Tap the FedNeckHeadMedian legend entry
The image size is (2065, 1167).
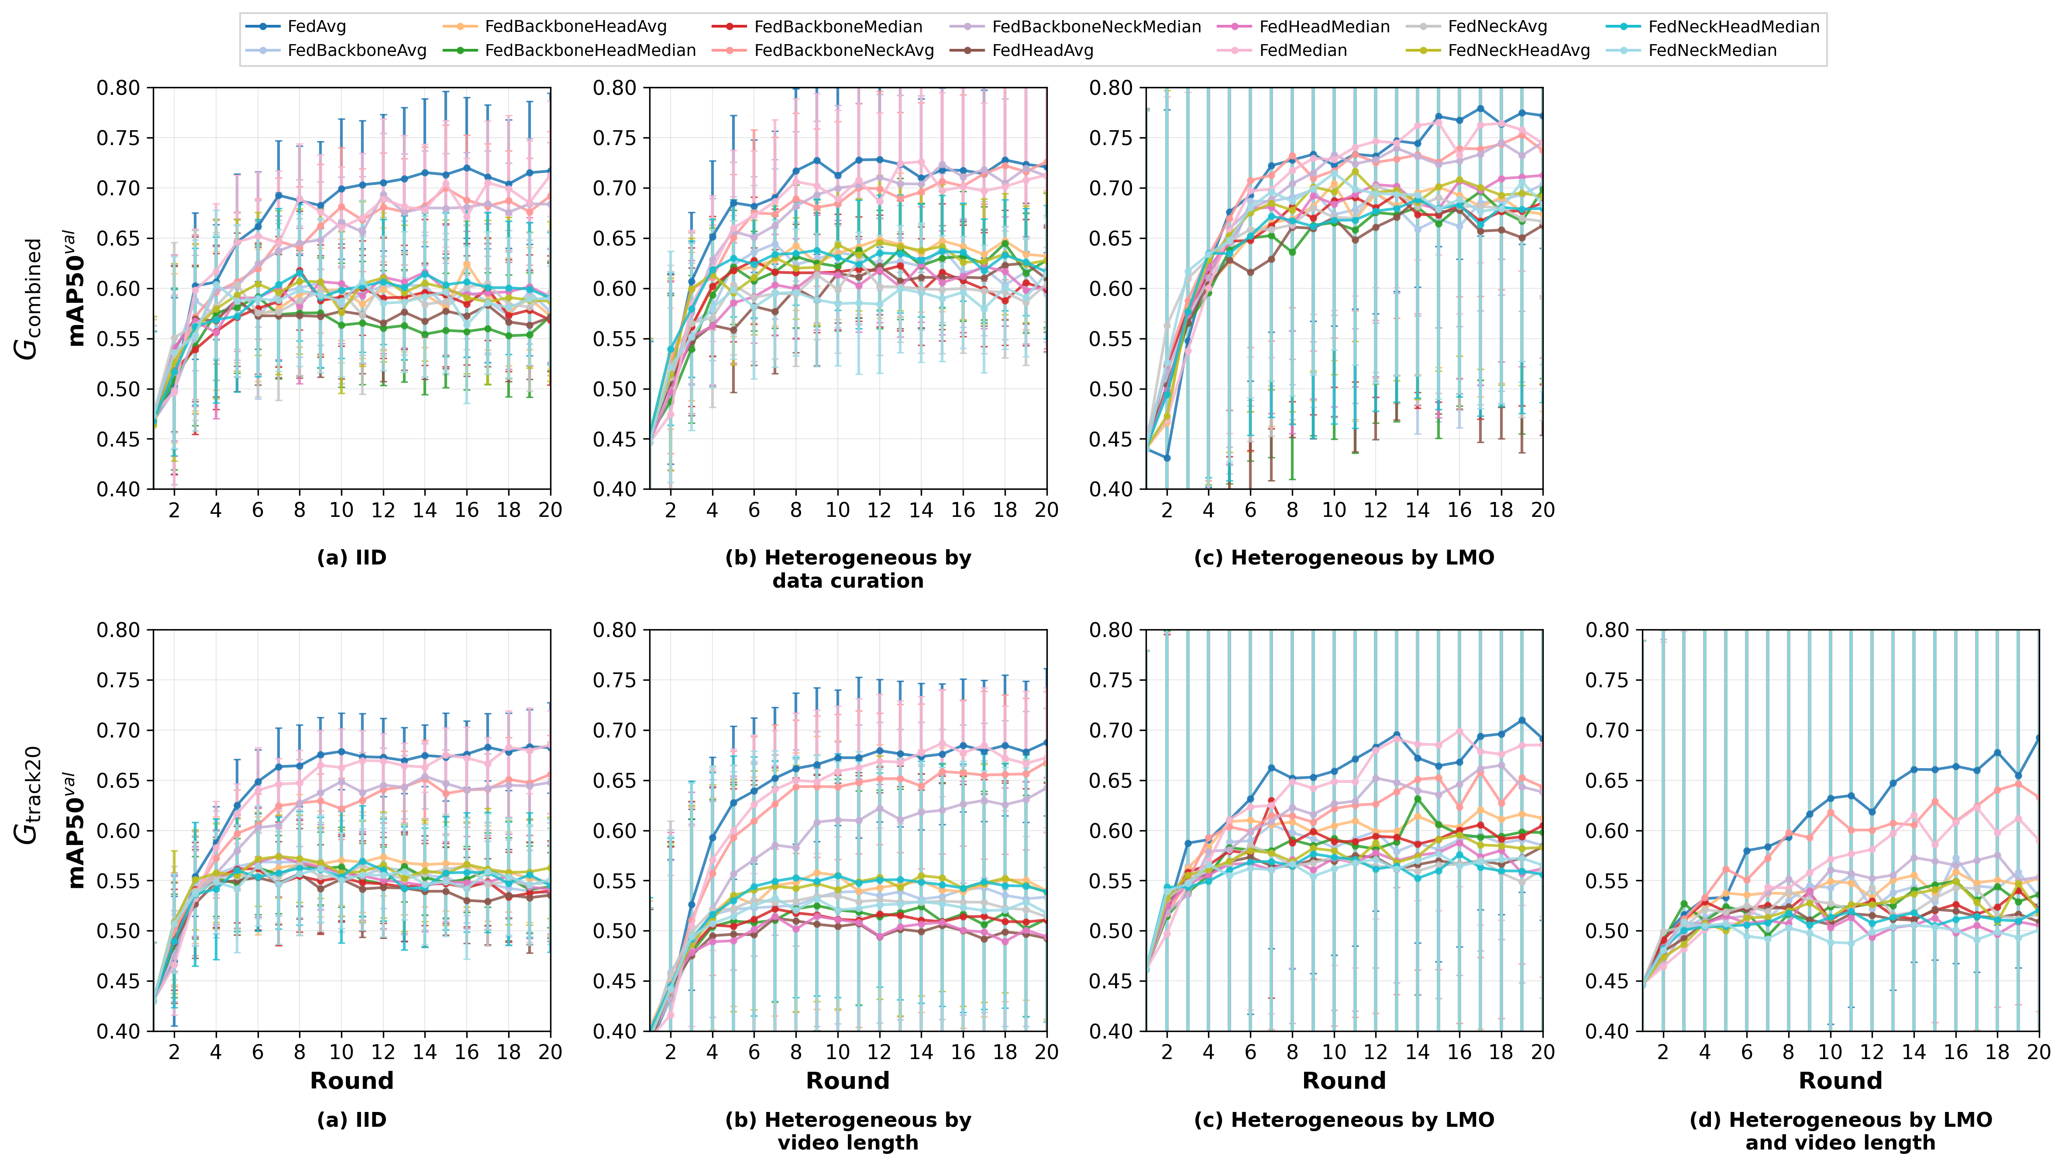[x=1733, y=27]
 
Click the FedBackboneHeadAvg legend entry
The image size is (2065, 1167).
[x=575, y=27]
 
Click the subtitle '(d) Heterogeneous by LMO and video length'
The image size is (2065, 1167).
[x=1841, y=1131]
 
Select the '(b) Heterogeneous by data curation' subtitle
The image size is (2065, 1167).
[x=848, y=569]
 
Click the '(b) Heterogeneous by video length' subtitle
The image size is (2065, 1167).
[x=848, y=1131]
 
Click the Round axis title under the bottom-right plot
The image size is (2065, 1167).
[x=1841, y=1080]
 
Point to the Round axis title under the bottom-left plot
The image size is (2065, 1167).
[x=352, y=1080]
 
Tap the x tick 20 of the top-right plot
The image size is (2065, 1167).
[x=1542, y=510]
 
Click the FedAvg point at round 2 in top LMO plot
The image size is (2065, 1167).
[x=1167, y=458]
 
